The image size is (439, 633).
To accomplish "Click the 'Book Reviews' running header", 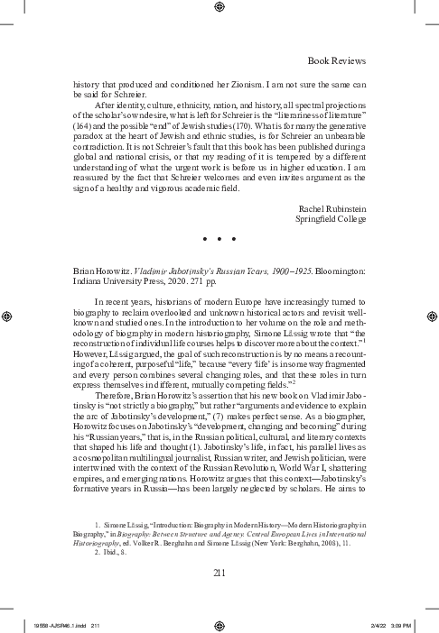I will point(337,60).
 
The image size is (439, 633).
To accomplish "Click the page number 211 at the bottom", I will point(219,573).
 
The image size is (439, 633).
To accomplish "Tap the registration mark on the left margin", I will point(8,316).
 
